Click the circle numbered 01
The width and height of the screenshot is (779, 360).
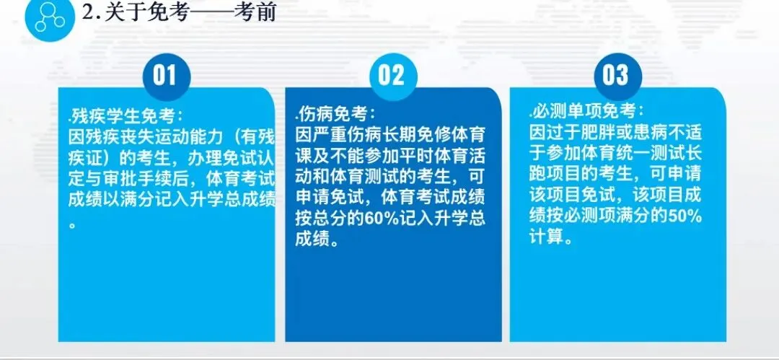point(165,75)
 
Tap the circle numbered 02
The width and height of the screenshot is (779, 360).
point(391,75)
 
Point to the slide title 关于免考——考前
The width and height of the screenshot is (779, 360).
point(179,14)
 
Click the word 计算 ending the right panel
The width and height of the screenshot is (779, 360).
point(547,236)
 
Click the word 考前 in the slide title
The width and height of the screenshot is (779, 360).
point(255,14)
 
